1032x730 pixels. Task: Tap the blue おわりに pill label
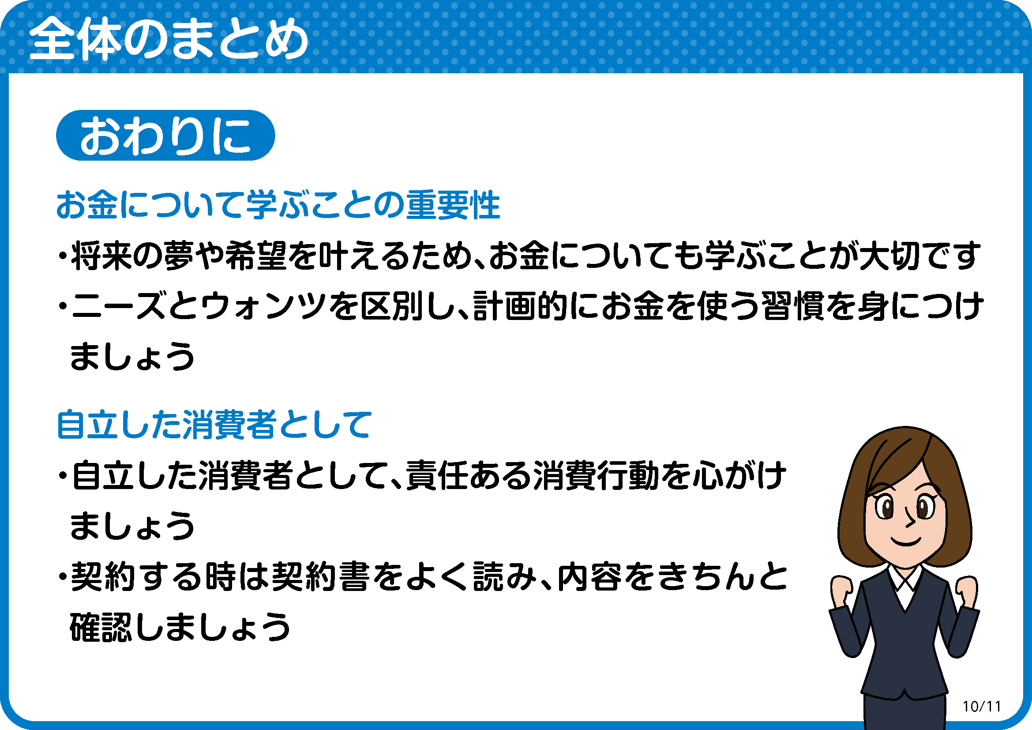pos(165,135)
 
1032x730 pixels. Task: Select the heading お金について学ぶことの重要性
pos(278,205)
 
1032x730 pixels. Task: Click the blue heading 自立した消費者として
pos(214,424)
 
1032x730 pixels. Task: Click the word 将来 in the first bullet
pos(102,256)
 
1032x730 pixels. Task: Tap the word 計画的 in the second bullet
pos(521,306)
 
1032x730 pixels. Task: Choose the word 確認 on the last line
pos(101,627)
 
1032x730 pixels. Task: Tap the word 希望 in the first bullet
pos(256,256)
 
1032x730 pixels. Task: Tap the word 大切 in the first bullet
pos(890,256)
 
